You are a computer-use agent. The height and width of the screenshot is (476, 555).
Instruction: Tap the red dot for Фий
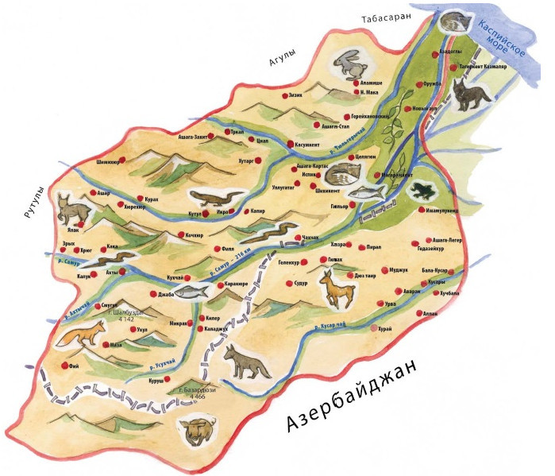pyautogui.click(x=64, y=365)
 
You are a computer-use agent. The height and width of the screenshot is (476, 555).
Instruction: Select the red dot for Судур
pyautogui.click(x=288, y=282)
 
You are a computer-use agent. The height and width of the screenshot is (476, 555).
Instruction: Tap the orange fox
pyautogui.click(x=81, y=332)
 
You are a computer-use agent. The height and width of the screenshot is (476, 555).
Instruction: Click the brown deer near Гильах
pyautogui.click(x=334, y=288)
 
